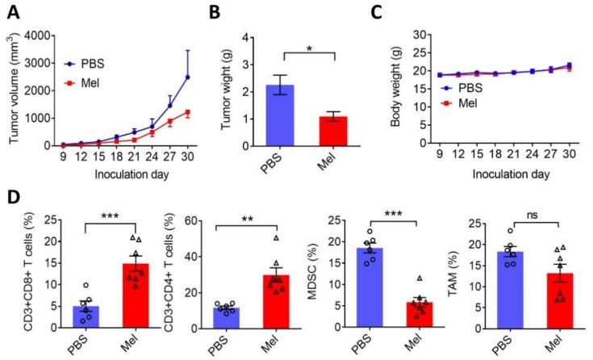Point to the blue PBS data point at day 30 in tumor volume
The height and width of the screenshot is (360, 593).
tap(188, 77)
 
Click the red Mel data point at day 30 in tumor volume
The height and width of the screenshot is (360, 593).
tap(188, 112)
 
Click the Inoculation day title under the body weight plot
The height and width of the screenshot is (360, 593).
tap(490, 173)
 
